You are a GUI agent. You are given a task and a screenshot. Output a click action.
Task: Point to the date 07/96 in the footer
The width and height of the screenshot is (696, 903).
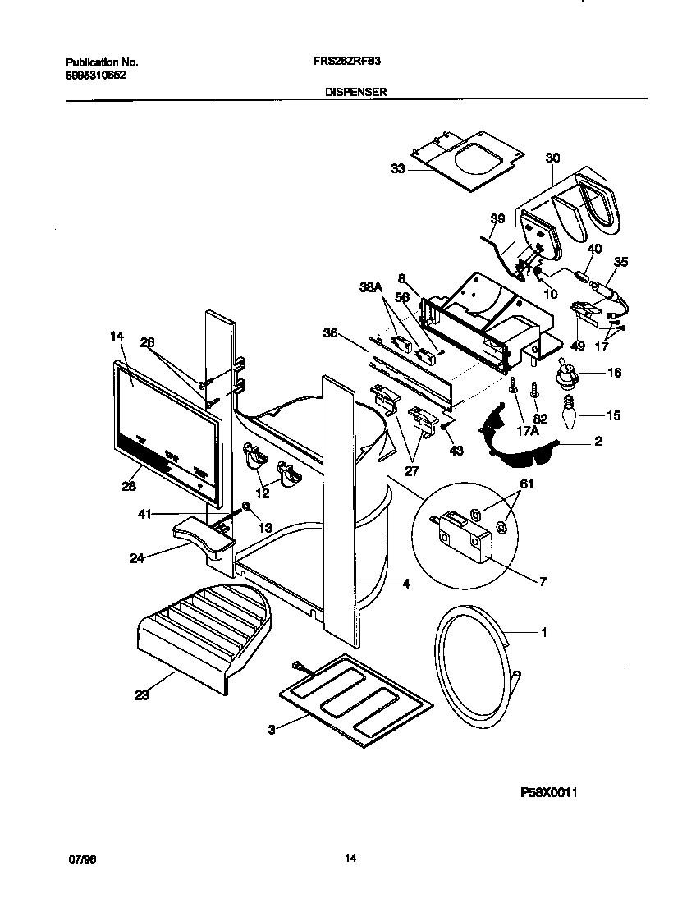[80, 859]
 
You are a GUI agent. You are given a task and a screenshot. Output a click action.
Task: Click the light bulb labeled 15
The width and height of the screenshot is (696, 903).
[564, 415]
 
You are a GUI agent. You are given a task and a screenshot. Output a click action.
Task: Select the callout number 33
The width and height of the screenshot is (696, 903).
[397, 169]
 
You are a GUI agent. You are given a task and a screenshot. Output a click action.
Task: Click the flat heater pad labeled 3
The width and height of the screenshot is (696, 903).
[355, 699]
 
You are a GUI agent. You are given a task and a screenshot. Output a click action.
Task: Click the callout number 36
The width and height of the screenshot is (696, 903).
[330, 332]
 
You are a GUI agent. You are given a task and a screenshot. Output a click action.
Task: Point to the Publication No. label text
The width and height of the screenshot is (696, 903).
[102, 62]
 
